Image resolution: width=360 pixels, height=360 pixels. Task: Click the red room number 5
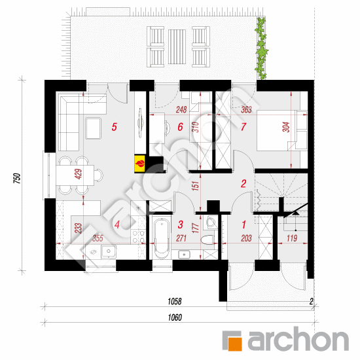click(115, 127)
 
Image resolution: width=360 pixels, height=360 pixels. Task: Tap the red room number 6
click(180, 127)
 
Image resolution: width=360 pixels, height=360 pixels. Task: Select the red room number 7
click(243, 127)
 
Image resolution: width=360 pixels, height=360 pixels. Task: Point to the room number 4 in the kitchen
click(117, 225)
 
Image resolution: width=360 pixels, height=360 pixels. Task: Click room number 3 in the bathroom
click(181, 225)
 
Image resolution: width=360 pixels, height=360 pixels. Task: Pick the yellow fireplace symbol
click(140, 164)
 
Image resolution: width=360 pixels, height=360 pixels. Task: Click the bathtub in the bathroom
click(162, 238)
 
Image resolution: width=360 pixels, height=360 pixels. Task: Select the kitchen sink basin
click(109, 251)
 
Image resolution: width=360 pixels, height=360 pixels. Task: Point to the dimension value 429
click(79, 174)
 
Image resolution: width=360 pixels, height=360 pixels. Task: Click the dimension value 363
click(246, 109)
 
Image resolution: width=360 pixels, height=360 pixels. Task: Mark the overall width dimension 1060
click(175, 317)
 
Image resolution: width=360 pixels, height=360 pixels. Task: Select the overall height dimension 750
click(17, 179)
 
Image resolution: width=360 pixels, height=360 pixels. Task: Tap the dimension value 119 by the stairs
click(292, 238)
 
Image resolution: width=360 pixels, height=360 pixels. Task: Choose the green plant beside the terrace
click(261, 48)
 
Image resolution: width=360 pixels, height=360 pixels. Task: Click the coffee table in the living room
click(93, 128)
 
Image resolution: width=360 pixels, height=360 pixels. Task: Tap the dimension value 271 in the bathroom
click(181, 238)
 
